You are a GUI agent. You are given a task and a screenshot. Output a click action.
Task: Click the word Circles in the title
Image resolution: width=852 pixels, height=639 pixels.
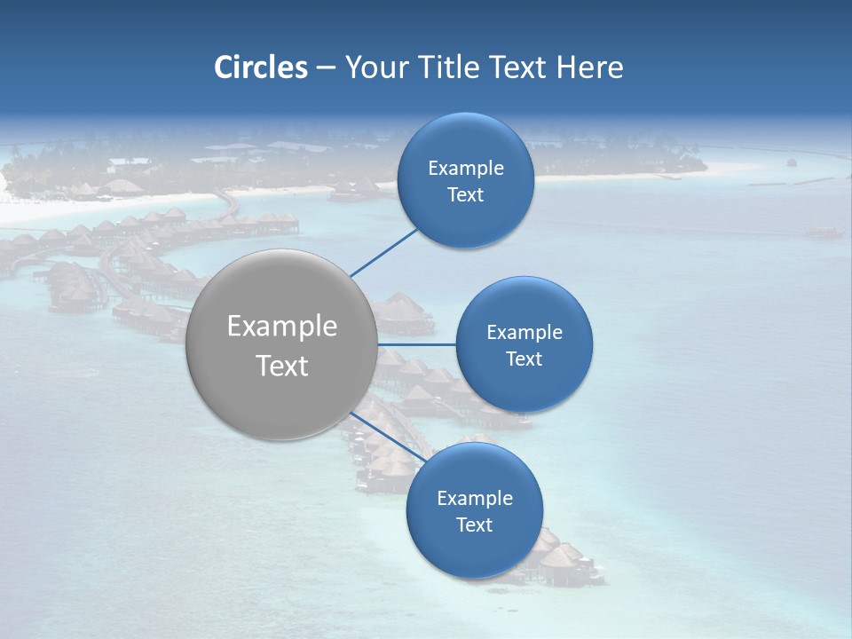click(x=261, y=67)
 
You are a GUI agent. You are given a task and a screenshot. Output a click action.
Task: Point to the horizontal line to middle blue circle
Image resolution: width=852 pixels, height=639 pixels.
click(x=416, y=344)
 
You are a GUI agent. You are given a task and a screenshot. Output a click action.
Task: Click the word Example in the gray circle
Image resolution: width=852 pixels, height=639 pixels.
click(x=281, y=327)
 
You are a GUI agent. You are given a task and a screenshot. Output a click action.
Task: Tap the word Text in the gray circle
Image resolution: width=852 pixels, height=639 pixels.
click(x=281, y=366)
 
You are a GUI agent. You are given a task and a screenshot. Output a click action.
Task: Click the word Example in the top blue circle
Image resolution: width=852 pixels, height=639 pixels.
click(x=465, y=169)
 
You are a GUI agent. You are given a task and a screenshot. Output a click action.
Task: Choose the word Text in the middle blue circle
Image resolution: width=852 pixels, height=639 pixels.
click(x=524, y=359)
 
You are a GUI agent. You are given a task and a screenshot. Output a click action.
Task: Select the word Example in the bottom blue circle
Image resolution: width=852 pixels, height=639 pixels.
click(x=474, y=499)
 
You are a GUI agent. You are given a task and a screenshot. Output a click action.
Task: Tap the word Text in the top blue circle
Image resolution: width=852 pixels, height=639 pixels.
click(x=465, y=195)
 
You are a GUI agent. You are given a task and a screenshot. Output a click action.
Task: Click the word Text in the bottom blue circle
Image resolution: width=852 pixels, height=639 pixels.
click(x=474, y=525)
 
